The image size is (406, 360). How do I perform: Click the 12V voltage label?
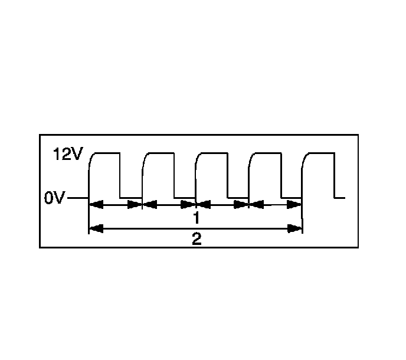tap(69, 155)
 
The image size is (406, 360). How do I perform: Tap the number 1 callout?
tap(195, 218)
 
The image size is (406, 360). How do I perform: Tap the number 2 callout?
tap(196, 239)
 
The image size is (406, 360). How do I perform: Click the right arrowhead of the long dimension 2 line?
tap(295, 228)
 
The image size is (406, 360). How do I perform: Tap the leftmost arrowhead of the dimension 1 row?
tap(96, 205)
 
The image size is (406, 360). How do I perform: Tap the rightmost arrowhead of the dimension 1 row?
tap(295, 205)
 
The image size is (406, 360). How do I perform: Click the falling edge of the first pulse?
tap(120, 175)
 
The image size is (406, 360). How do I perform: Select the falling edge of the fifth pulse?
tap(335, 175)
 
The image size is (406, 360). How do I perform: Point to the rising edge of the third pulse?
tap(196, 174)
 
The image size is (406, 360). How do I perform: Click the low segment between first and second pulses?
tap(131, 198)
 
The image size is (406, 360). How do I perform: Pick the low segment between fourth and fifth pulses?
tap(292, 198)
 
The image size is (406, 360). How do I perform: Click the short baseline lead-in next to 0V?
tap(77, 198)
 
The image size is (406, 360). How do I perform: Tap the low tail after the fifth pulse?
tap(340, 198)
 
